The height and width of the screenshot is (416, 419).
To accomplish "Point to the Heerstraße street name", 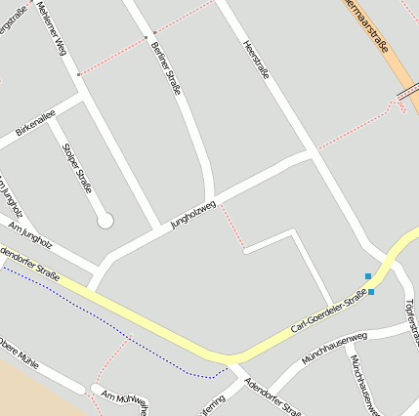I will tap(255, 58).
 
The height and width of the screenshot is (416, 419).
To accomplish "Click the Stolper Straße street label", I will tap(77, 167).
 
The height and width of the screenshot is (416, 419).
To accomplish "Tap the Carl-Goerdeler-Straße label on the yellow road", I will tap(328, 312).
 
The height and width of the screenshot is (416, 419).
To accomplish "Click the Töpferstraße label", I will tap(408, 318).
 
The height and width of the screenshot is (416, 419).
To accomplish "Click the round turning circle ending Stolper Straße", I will tap(105, 221).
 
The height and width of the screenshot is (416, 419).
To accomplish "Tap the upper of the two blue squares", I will tap(368, 276).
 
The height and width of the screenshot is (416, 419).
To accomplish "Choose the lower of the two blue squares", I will tap(371, 292).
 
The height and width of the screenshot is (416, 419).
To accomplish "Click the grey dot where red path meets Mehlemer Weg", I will tap(80, 73).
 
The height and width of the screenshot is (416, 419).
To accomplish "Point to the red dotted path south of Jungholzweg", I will tap(231, 227).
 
